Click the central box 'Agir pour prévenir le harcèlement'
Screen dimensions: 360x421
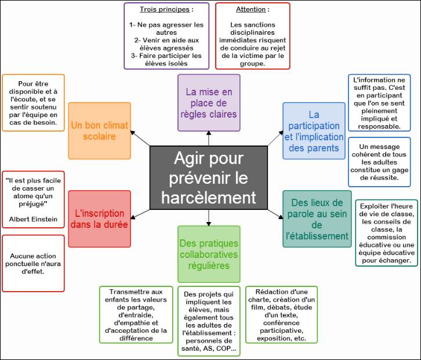click(x=209, y=177)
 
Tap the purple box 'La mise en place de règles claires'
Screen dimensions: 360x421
click(x=208, y=103)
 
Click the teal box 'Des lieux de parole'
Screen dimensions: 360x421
click(x=317, y=219)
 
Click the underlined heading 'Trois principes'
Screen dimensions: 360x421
click(x=165, y=9)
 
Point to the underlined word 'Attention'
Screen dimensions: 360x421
click(x=251, y=9)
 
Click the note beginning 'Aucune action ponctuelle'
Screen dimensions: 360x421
click(x=33, y=263)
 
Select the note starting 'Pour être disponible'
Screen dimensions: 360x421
click(x=34, y=102)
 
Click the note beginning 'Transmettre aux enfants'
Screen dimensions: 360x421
click(x=136, y=314)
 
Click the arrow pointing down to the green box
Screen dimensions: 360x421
click(x=208, y=218)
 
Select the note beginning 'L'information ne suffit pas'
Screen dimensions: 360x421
click(x=379, y=103)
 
